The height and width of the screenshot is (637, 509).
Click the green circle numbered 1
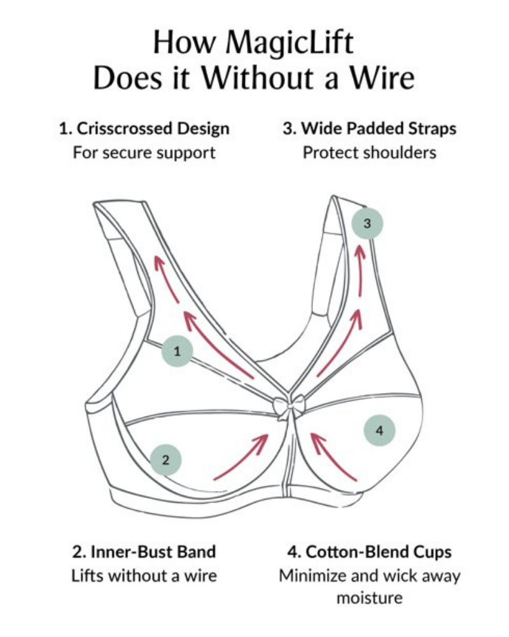176,350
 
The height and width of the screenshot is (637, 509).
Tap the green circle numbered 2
166,459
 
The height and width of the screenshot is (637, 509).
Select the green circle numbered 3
367,223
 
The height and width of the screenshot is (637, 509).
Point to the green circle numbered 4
379,430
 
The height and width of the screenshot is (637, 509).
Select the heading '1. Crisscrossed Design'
144,128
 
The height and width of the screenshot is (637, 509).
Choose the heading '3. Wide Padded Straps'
370,128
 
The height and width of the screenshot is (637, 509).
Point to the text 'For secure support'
144,153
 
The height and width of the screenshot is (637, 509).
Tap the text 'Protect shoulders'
370,153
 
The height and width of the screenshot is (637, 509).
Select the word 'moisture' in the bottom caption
370,599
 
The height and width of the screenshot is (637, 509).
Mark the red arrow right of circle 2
242,457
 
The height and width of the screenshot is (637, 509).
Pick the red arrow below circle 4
332,455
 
